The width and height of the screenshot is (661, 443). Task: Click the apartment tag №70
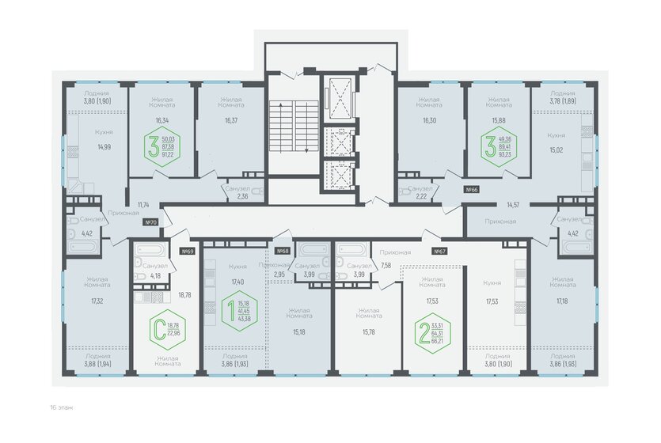(151, 223)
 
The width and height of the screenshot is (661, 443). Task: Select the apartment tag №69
(188, 252)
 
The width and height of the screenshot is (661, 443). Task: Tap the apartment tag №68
(282, 252)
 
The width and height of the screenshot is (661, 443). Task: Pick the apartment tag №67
(439, 252)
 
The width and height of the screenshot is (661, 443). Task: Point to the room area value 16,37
(231, 121)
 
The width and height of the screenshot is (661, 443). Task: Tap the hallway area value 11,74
(143, 205)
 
